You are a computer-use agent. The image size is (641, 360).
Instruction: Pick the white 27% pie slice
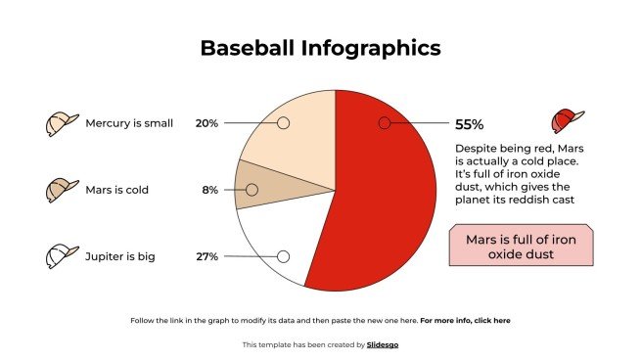coord(279,240)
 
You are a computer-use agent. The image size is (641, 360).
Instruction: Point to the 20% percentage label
coord(206,123)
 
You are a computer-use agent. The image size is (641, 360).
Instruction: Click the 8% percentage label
coord(209,190)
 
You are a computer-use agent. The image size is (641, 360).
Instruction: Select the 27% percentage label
coord(206,256)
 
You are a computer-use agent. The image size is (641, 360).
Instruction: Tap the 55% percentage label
coord(469,124)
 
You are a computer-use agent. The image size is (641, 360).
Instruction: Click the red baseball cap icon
coord(567,120)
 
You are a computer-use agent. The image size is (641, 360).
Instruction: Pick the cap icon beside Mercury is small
coord(62,123)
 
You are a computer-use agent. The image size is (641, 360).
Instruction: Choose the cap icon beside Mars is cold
coord(62,190)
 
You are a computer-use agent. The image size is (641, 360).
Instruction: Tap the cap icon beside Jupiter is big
coord(62,256)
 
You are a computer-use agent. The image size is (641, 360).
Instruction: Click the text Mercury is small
coord(129,123)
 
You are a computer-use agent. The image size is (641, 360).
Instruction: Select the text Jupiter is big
coord(120,256)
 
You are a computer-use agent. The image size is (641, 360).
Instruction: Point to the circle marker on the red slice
coord(385,123)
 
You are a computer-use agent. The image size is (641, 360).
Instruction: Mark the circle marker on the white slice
coord(283,256)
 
